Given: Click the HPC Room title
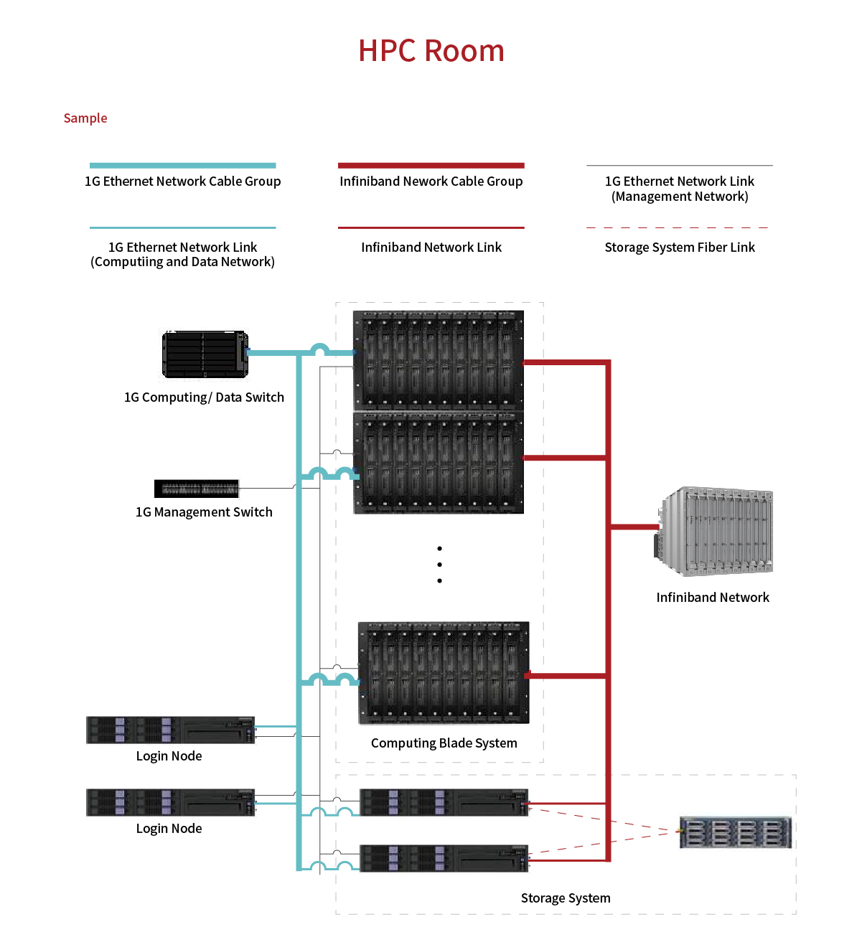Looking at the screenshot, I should pos(431,51).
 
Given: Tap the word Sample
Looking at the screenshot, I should pos(85,118).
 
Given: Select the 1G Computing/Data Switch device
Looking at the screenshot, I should pos(205,354).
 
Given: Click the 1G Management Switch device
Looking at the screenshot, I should pos(197,489).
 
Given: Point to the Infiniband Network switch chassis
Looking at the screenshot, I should pos(715,531).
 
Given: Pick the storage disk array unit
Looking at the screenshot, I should pos(736,832).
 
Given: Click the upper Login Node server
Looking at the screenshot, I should pos(171,730).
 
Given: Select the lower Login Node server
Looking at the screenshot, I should pos(171,802).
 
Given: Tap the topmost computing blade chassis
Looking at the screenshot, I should pos(439,360).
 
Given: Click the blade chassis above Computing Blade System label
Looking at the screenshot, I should pos(444,673).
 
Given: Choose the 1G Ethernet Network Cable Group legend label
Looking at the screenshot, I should pos(183,182).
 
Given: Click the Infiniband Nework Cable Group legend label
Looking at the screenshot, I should pos(431,182).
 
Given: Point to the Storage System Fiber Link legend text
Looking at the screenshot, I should pos(680,248).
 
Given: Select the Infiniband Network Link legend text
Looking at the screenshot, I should pos(431,248).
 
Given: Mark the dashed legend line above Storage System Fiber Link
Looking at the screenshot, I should pos(678,227).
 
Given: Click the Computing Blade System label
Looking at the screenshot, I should pos(444,743).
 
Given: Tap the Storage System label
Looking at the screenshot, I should pos(566,898).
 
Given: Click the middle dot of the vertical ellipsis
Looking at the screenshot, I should pos(439,565).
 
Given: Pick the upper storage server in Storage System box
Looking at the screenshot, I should pos(444,802).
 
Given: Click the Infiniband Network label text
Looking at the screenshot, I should pos(713,598).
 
